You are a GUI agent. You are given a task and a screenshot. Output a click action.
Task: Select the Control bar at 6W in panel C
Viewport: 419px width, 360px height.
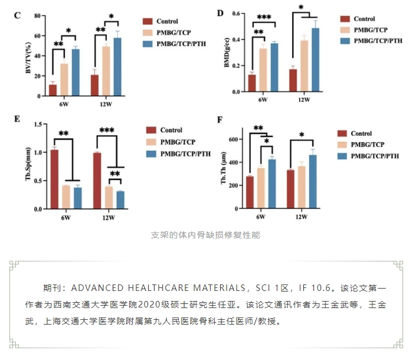point(53,90)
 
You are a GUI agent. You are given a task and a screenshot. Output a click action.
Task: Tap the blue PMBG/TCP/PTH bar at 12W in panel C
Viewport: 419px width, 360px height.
point(117,67)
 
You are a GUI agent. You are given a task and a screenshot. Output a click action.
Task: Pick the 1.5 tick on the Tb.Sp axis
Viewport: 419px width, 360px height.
point(38,124)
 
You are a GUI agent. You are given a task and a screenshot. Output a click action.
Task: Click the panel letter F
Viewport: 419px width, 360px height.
point(220,120)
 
